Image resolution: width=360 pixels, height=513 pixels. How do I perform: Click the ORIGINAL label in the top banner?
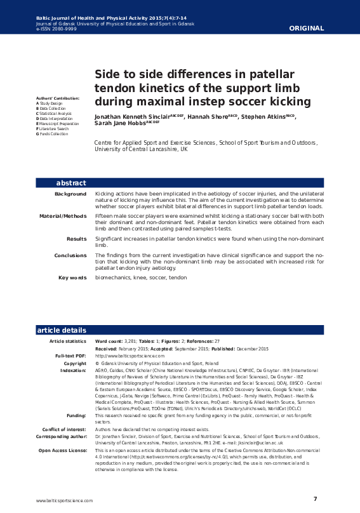pos(306,28)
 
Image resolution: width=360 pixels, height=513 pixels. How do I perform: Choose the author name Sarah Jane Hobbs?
pos(120,124)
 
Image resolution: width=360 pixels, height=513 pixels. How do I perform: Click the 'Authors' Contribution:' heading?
pos(58,98)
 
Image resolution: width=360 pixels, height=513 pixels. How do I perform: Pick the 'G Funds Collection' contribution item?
pos(52,134)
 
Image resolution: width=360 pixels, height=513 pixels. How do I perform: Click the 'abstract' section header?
pos(71,183)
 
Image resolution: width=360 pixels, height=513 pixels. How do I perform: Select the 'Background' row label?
pos(70,194)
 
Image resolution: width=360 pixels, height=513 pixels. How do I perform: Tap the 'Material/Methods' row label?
pos(63,216)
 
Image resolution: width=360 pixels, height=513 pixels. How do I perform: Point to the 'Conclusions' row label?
pos(70,255)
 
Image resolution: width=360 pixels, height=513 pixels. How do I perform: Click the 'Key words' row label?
pos(72,277)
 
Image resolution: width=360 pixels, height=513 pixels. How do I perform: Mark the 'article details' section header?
pos(62,330)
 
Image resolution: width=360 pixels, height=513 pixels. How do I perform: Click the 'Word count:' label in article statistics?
pos(109,342)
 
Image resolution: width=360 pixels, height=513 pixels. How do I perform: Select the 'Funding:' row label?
pos(76,415)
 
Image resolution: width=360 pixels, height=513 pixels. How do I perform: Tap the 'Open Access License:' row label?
pos(62,450)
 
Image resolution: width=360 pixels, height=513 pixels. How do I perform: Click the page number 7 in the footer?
pos(315,498)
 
